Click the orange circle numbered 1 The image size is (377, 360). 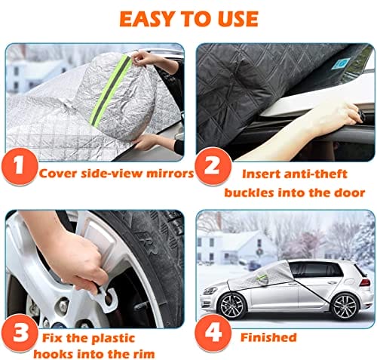coord(19,166)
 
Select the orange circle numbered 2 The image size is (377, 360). coord(213,166)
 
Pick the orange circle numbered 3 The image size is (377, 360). coord(20,334)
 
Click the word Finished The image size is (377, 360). coord(268,337)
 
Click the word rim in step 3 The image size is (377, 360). coord(143,354)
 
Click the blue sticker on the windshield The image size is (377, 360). coord(342,63)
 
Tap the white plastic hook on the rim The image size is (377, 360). coord(104,298)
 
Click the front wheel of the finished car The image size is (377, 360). coord(232,306)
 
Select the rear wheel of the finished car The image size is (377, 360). coord(345,306)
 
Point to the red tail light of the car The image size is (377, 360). coord(365,282)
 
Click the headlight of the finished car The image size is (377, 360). coord(210,291)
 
